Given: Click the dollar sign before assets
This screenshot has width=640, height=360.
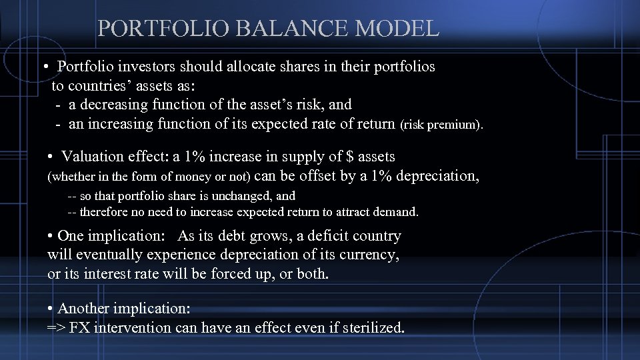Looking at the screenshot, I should [351, 157].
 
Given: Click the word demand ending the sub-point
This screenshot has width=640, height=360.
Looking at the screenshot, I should [397, 213].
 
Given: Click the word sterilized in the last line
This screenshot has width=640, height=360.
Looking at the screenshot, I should [373, 328].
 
